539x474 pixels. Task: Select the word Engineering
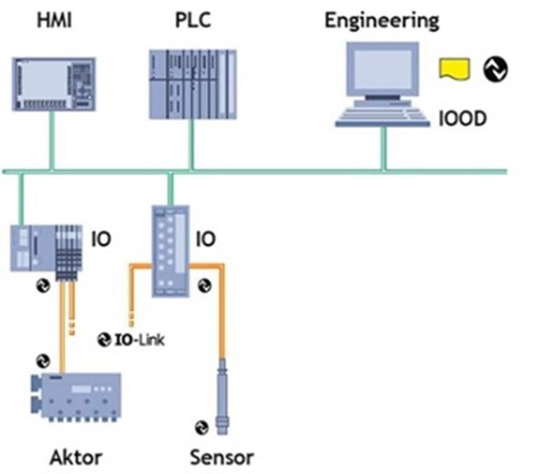click(x=382, y=20)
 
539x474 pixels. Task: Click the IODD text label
click(x=462, y=118)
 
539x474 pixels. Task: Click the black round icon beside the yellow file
click(x=495, y=69)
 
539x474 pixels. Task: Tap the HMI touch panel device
click(x=54, y=84)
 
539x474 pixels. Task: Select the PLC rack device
click(x=193, y=84)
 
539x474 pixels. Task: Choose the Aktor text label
click(x=76, y=458)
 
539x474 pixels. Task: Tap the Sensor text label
click(x=222, y=458)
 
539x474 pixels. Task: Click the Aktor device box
click(x=76, y=396)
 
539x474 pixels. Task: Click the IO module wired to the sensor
click(x=170, y=250)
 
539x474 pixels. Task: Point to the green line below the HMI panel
click(x=52, y=140)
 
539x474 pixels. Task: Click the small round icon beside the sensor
click(x=202, y=427)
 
